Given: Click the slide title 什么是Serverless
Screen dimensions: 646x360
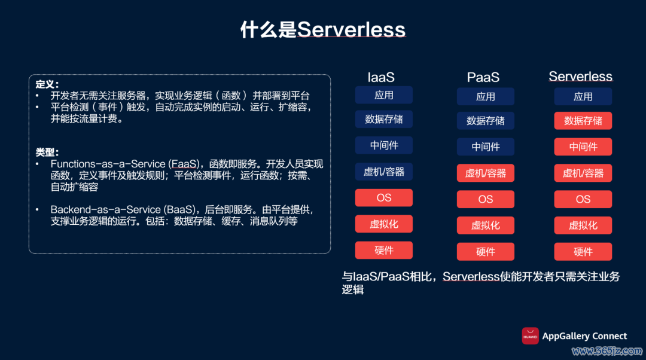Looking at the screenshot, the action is pyautogui.click(x=322, y=29).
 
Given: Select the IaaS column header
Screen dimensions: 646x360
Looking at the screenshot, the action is pyautogui.click(x=381, y=77).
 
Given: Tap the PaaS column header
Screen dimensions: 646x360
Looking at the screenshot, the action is pyautogui.click(x=483, y=77).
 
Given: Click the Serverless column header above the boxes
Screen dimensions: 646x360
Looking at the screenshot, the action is pyautogui.click(x=580, y=77).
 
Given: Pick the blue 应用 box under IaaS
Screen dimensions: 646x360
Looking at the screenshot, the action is pyautogui.click(x=383, y=95).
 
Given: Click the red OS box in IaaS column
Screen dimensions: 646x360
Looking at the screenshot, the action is pyautogui.click(x=383, y=198).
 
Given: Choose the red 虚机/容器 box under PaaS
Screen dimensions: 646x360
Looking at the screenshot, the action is pyautogui.click(x=485, y=173).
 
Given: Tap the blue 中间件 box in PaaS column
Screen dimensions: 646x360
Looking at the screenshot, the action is pyautogui.click(x=485, y=147).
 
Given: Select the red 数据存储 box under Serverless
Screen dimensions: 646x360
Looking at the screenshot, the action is pyautogui.click(x=583, y=121).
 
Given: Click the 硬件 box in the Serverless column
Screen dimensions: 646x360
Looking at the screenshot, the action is pyautogui.click(x=583, y=252).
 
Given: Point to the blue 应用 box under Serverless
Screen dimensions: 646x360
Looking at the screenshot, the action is pyautogui.click(x=583, y=97).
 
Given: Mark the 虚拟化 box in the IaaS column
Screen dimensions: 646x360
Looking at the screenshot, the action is pyautogui.click(x=383, y=224).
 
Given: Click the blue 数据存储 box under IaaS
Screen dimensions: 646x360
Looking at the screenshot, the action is pyautogui.click(x=383, y=120).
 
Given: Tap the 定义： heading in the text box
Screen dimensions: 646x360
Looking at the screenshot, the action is pyautogui.click(x=47, y=84).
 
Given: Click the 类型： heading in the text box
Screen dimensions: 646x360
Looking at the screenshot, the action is pyautogui.click(x=47, y=152).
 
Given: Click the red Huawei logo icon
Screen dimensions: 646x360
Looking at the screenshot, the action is pyautogui.click(x=530, y=336).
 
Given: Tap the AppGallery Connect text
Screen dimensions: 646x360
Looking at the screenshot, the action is pyautogui.click(x=584, y=336).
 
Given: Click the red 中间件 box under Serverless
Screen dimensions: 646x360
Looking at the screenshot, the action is pyautogui.click(x=583, y=147).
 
